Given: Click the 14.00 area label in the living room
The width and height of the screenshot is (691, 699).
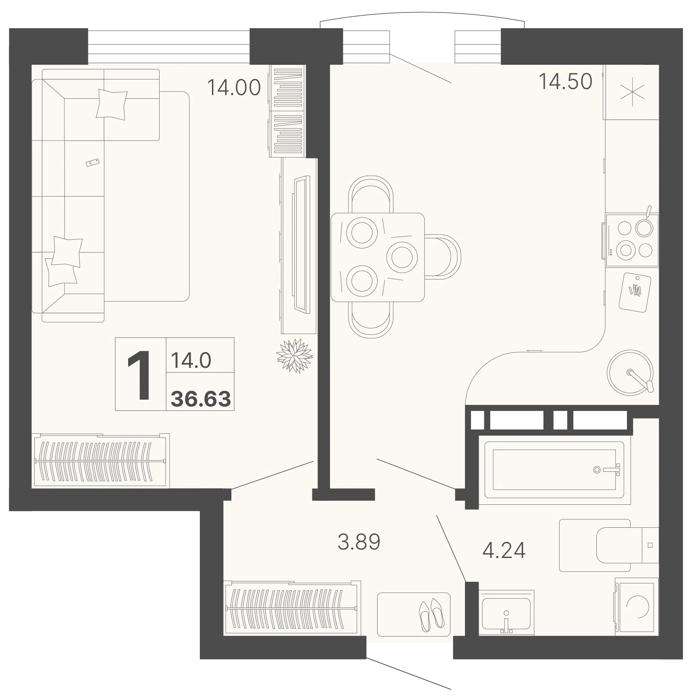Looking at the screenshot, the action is (234, 87).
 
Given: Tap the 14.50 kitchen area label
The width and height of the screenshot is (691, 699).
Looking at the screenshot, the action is (565, 81).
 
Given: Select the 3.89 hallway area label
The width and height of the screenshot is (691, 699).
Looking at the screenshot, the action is (359, 542).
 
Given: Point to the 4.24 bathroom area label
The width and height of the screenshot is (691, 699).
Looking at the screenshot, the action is (504, 550).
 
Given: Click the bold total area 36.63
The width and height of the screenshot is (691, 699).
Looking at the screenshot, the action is (201, 398).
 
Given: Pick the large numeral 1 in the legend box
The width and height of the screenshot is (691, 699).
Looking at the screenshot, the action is (139, 375).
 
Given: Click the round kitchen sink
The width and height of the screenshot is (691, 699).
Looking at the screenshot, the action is (630, 373).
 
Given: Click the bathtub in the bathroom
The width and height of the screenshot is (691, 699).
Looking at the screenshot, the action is (554, 470).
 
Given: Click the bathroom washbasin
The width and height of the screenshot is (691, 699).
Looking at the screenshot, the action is (506, 619).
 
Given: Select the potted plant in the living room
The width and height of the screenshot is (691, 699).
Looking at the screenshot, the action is (295, 356).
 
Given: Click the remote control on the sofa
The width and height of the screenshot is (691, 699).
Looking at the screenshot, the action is (93, 162).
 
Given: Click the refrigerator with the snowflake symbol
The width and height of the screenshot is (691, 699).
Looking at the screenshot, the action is (631, 92).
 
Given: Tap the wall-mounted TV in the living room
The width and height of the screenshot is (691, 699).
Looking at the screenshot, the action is (302, 244).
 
